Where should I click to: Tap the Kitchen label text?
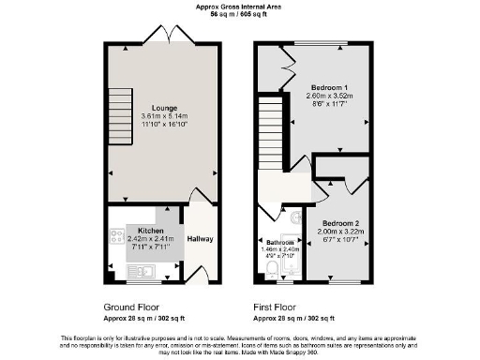coord(151,231)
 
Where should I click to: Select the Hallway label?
coord(200,239)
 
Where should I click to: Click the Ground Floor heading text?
coord(131,307)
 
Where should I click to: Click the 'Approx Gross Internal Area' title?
coord(238,6)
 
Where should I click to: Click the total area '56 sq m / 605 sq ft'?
coord(238,14)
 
